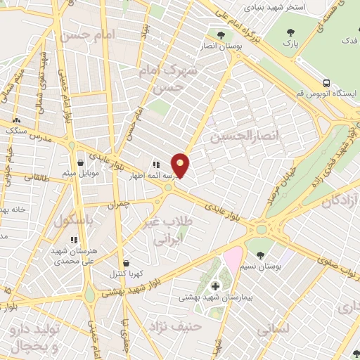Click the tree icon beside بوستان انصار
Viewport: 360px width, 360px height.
pos(221,34)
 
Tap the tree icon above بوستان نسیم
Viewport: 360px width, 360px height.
pos(260,254)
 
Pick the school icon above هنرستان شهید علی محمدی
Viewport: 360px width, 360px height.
pos(74,240)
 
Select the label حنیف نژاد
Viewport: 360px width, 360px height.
pos(175,326)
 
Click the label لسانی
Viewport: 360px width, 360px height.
pos(272,328)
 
